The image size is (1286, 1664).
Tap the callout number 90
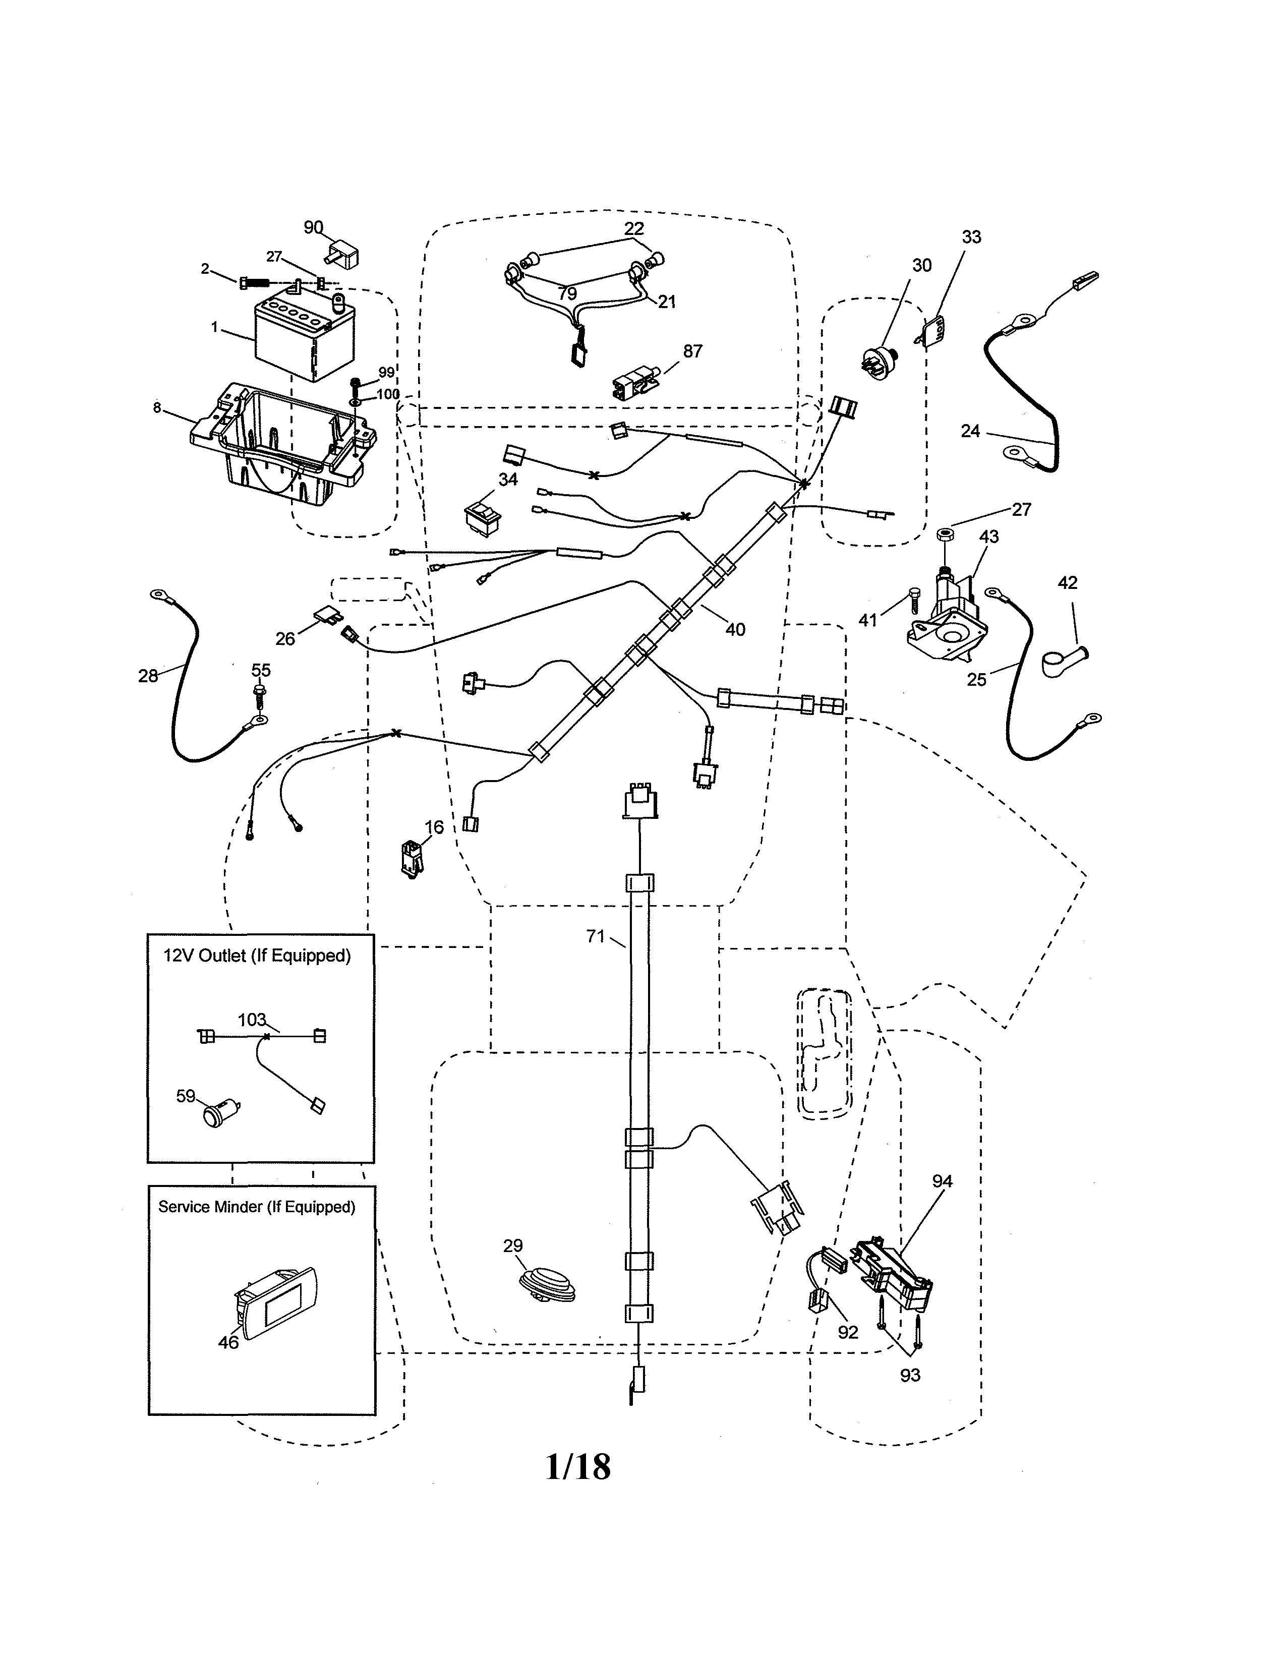point(313,227)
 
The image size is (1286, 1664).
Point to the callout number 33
point(971,237)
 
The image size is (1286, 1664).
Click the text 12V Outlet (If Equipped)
point(257,956)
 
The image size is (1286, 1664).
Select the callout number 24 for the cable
point(970,431)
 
